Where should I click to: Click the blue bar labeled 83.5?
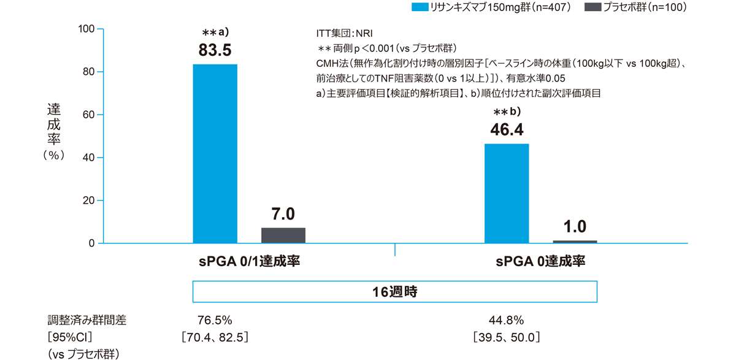(215, 153)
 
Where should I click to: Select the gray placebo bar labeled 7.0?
(283, 236)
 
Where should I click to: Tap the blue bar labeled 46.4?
(507, 193)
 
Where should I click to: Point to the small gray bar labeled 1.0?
(575, 242)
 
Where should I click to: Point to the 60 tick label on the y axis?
(88, 115)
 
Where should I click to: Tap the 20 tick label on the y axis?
(88, 201)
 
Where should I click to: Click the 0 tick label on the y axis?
(91, 243)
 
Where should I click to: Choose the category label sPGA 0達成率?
(540, 262)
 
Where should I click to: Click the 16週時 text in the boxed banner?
(395, 291)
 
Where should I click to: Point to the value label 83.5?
(215, 50)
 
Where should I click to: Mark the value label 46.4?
(507, 129)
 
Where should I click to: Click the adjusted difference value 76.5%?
(215, 320)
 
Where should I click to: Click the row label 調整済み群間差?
(87, 320)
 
